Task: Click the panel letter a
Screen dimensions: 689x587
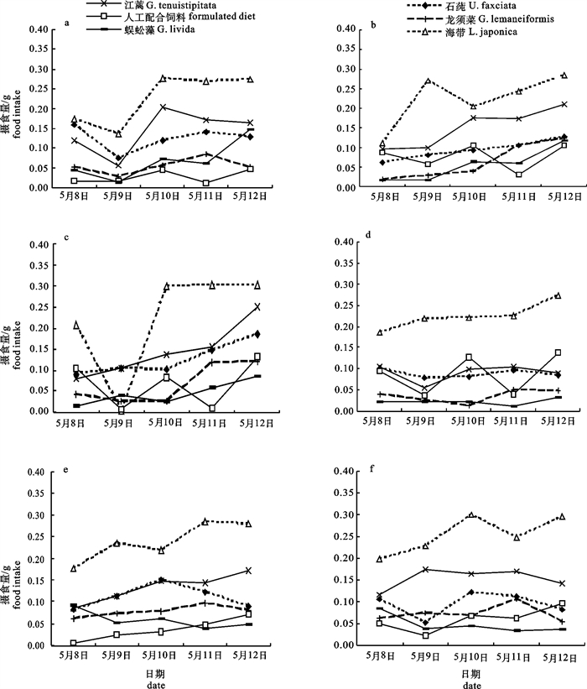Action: pyautogui.click(x=67, y=23)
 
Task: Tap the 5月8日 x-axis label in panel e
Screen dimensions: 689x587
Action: pyautogui.click(x=73, y=655)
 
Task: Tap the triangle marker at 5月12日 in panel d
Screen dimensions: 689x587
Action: pyautogui.click(x=558, y=295)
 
